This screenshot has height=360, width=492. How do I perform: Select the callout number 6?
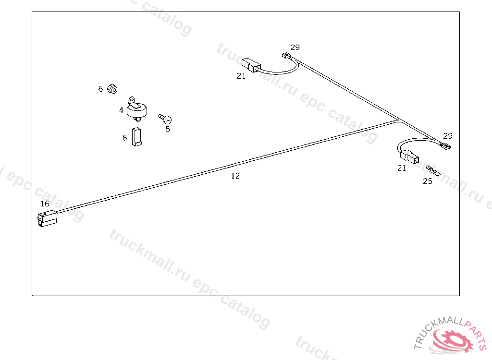[100, 89]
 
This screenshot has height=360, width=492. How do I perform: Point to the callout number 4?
[121, 110]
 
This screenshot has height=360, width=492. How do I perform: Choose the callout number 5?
[168, 129]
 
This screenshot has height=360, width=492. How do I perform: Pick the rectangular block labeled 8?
[137, 137]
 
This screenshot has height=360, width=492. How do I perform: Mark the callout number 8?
[124, 138]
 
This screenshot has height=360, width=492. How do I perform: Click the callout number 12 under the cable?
[235, 176]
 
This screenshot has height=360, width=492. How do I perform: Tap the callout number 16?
[45, 204]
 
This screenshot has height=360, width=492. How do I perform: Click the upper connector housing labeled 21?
[250, 64]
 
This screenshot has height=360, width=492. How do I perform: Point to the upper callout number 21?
[241, 76]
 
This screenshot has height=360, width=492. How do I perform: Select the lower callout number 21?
[401, 168]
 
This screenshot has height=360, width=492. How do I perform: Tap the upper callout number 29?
[295, 47]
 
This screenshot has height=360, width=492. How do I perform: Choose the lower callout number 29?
[448, 136]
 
